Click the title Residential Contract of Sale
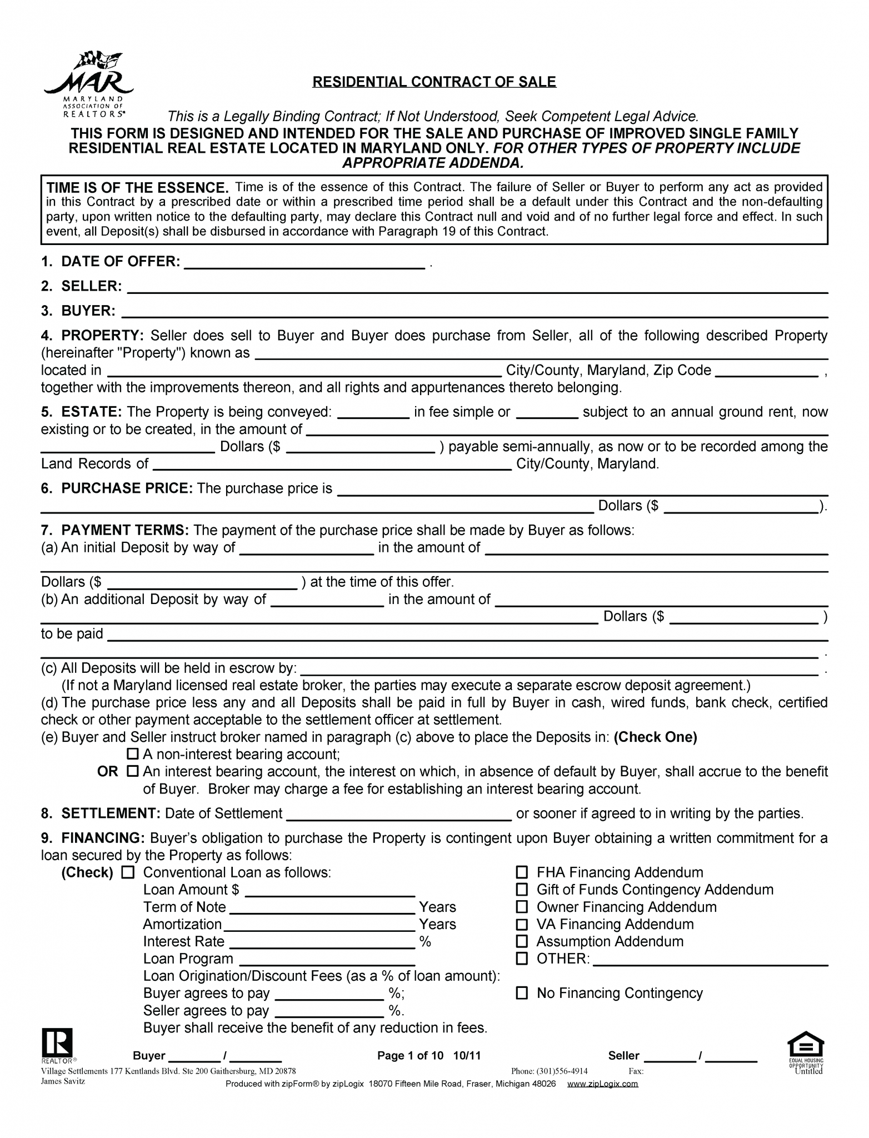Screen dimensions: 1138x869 [434, 82]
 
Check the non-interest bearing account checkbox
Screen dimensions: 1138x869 [132, 754]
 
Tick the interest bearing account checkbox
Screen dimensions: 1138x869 [132, 771]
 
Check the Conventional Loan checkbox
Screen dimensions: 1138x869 [128, 872]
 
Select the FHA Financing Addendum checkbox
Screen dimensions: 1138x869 [522, 872]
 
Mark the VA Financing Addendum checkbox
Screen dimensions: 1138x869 [522, 924]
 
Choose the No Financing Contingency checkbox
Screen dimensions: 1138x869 [522, 993]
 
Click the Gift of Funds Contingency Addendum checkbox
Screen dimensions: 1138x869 [522, 890]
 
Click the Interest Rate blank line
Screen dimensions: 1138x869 [322, 942]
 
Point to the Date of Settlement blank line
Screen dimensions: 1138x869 [398, 815]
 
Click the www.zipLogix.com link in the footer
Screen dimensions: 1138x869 [602, 1084]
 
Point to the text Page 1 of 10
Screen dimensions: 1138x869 [410, 1056]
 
